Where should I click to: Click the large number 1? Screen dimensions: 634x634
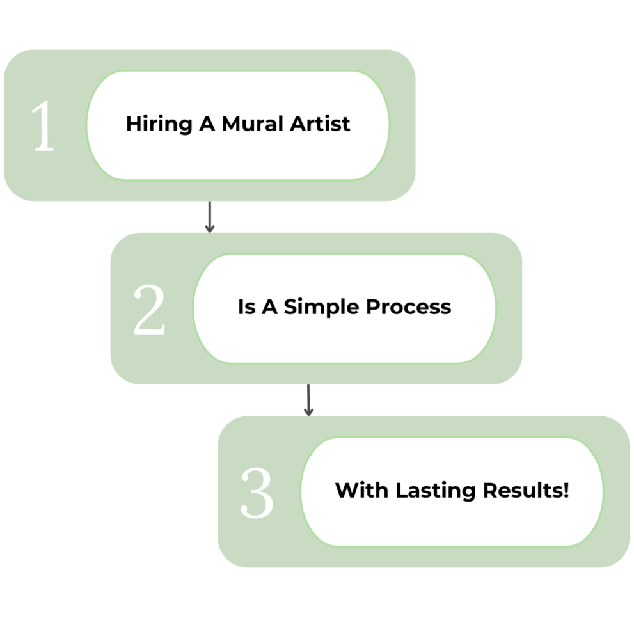click(x=44, y=126)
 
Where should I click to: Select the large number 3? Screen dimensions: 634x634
click(x=257, y=493)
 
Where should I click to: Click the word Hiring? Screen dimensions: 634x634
click(x=150, y=123)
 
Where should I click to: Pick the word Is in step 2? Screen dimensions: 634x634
click(x=246, y=307)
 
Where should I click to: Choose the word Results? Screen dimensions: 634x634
click(x=525, y=491)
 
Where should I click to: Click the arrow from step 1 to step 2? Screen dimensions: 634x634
click(x=209, y=216)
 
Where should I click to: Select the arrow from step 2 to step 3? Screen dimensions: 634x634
click(x=308, y=400)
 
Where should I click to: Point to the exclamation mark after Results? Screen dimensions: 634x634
click(x=566, y=490)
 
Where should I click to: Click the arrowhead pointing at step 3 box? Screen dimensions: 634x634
click(x=308, y=413)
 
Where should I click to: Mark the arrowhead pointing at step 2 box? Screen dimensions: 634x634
click(x=209, y=228)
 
